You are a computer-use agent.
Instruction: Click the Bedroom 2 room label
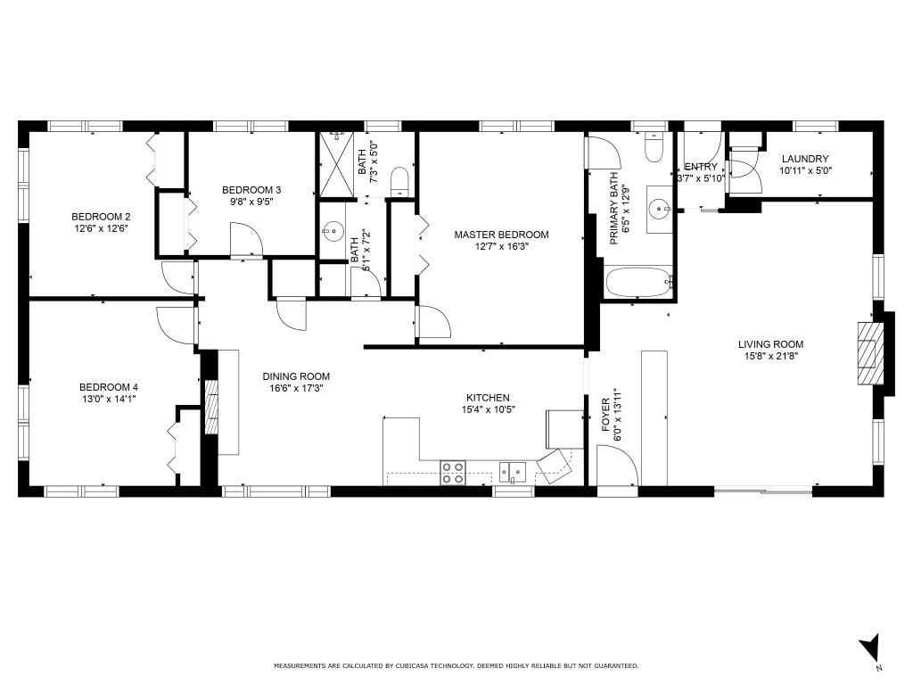point(100,218)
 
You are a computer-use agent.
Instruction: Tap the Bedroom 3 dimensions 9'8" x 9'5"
point(251,202)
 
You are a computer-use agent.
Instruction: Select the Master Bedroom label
point(501,235)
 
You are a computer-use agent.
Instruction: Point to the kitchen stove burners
point(452,473)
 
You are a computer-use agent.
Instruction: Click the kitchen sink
point(513,472)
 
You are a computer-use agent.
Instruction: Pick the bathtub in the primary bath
point(639,283)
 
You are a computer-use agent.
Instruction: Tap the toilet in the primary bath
point(654,148)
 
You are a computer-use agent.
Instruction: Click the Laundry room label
point(805,159)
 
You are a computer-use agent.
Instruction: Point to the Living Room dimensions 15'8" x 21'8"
point(771,356)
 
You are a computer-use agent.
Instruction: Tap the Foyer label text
point(606,415)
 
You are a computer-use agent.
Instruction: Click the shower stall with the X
point(336,165)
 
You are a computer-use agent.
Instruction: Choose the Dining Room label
point(296,376)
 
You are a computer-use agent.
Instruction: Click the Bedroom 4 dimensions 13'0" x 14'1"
point(108,399)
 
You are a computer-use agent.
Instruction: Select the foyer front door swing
point(617,464)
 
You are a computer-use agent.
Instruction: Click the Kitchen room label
point(489,398)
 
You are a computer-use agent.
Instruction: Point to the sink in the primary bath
point(660,208)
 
